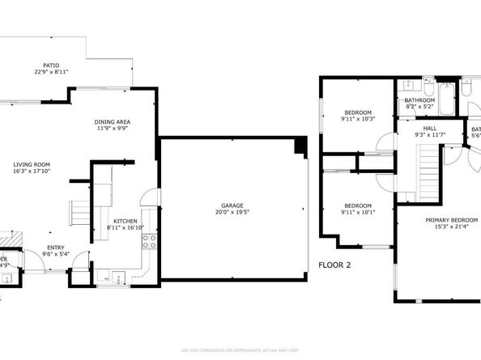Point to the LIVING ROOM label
(x=31, y=164)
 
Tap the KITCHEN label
(x=125, y=221)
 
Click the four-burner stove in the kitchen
(x=148, y=238)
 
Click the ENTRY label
(x=56, y=248)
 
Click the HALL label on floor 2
(x=430, y=128)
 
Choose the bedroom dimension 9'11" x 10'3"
(x=358, y=119)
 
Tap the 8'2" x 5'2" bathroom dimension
(x=419, y=107)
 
